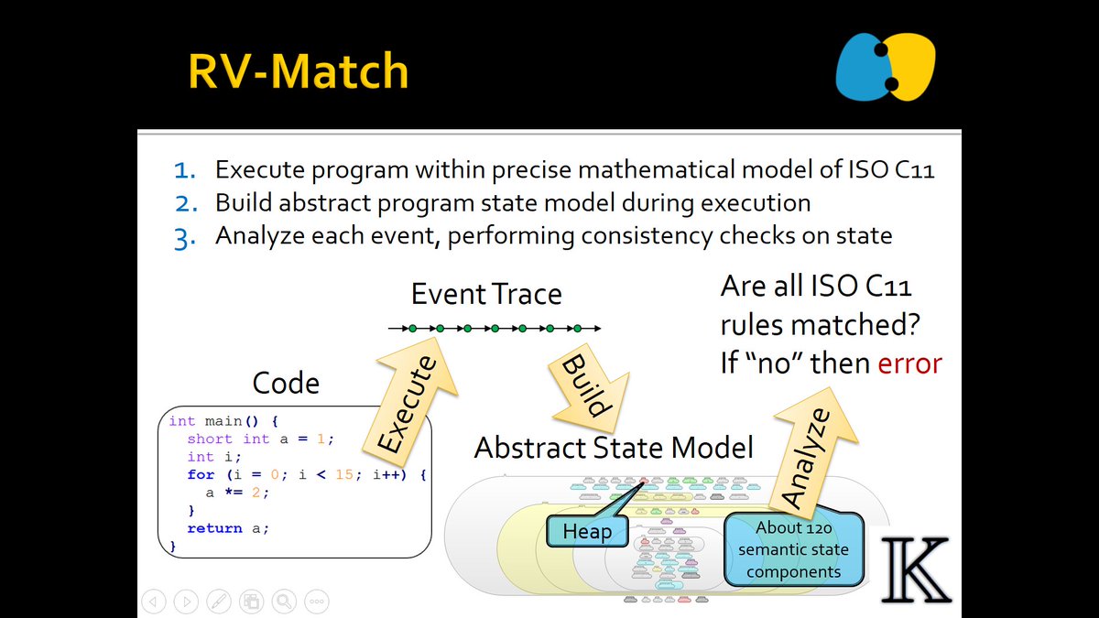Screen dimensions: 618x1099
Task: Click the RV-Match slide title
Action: [x=298, y=71]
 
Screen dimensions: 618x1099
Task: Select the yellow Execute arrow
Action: [x=408, y=399]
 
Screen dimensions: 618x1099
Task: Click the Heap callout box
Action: [x=586, y=532]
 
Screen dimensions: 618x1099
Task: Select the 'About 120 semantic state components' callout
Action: [x=793, y=549]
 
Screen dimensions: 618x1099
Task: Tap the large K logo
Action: [x=915, y=570]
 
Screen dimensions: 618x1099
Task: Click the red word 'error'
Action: [x=909, y=363]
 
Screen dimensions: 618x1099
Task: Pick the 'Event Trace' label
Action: [x=486, y=294]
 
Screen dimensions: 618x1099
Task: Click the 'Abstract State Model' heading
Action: [x=614, y=448]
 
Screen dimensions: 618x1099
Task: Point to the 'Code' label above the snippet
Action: [x=286, y=383]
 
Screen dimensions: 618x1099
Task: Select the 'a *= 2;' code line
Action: [x=237, y=493]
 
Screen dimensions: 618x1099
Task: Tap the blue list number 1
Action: [x=186, y=170]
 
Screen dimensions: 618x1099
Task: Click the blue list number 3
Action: [x=186, y=235]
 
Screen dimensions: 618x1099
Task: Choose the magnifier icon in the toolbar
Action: [x=284, y=602]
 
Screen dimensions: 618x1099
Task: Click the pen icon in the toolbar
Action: [x=218, y=602]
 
